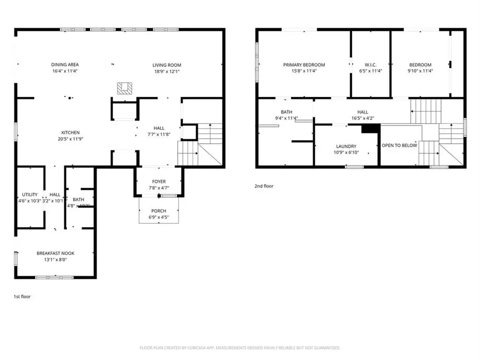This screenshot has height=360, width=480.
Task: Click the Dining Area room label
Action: pos(65,65)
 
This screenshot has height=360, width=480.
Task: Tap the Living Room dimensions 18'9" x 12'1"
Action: pos(166,71)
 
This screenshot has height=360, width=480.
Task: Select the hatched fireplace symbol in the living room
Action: pos(124,89)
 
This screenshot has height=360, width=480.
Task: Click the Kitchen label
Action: pos(70,132)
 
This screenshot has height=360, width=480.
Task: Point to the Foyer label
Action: pos(159,181)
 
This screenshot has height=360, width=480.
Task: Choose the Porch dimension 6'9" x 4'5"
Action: pos(158,217)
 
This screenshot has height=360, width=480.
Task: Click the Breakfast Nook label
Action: pos(55,253)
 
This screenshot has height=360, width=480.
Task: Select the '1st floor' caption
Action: pos(22,296)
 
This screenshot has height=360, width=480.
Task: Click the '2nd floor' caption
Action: pos(263,186)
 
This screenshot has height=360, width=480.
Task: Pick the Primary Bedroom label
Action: pos(304,65)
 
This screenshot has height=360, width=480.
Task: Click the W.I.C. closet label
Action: pos(371,65)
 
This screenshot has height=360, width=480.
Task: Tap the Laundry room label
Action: pos(346,147)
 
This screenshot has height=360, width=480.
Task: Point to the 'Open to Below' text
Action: pos(399,145)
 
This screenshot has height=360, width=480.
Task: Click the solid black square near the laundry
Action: pos(370,128)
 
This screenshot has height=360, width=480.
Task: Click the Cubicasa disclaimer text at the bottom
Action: pos(240,348)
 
